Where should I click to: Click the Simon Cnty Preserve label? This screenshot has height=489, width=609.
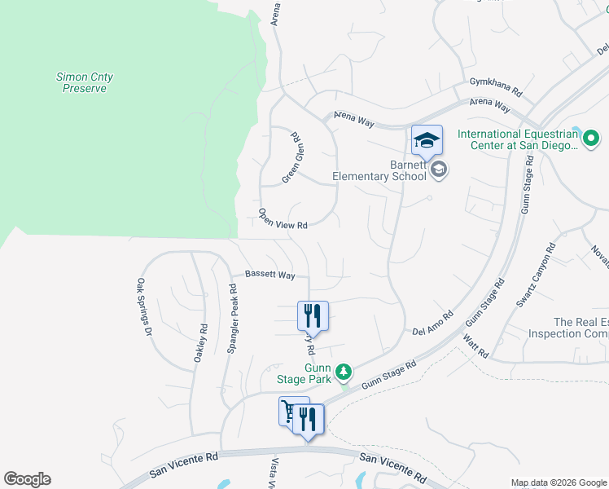pyautogui.click(x=85, y=82)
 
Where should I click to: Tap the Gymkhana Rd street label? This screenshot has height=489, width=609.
pyautogui.click(x=495, y=82)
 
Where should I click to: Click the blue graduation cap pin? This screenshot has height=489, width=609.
pyautogui.click(x=427, y=141)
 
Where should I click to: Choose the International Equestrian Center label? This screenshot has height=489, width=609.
pyautogui.click(x=517, y=140)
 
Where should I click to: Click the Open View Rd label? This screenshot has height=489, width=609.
pyautogui.click(x=283, y=218)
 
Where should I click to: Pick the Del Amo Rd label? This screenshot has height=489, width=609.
pyautogui.click(x=432, y=323)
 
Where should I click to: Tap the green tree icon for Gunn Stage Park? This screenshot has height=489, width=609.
pyautogui.click(x=344, y=372)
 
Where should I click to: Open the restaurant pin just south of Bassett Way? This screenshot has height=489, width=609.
pyautogui.click(x=313, y=315)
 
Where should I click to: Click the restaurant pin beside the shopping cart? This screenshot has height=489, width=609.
pyautogui.click(x=308, y=419)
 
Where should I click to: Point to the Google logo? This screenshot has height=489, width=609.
pyautogui.click(x=27, y=479)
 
